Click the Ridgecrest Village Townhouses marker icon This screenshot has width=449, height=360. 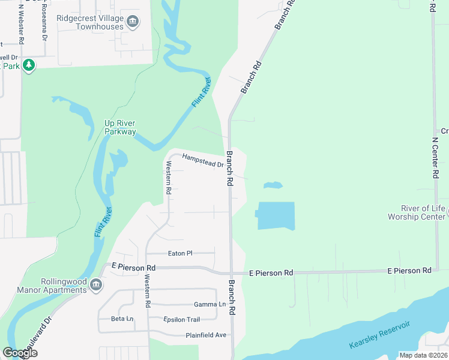(133, 23)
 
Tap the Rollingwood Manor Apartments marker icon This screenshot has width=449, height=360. (95, 284)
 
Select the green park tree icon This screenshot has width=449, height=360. (28, 65)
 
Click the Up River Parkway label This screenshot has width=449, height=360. (120, 127)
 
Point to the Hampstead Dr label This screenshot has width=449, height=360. (203, 160)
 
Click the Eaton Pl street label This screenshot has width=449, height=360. (180, 254)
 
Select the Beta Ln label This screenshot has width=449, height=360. (122, 319)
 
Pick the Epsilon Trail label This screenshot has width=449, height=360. (181, 319)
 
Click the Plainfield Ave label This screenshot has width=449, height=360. (206, 335)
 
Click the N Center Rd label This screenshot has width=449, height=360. (436, 158)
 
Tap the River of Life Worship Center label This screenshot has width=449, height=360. (416, 212)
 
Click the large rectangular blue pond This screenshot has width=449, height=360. (276, 216)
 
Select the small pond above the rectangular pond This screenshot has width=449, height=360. (273, 185)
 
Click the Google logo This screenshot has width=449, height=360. (20, 353)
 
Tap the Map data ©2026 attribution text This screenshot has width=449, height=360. (423, 355)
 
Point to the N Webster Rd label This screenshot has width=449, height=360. (22, 24)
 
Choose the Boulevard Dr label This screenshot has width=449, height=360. (36, 339)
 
